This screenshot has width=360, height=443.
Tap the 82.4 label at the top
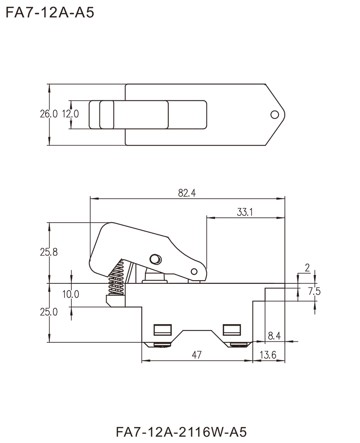pos(186,194)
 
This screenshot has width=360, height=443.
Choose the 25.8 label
pos(49,253)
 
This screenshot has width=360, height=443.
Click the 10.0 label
pos(71,295)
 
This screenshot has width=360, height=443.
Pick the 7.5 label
pos(315,293)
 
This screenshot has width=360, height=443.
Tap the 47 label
pos(197,355)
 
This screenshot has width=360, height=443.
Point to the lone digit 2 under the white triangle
pos(307,268)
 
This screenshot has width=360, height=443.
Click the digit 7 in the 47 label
pos(199,355)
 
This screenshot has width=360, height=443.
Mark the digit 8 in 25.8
pos(55,253)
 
